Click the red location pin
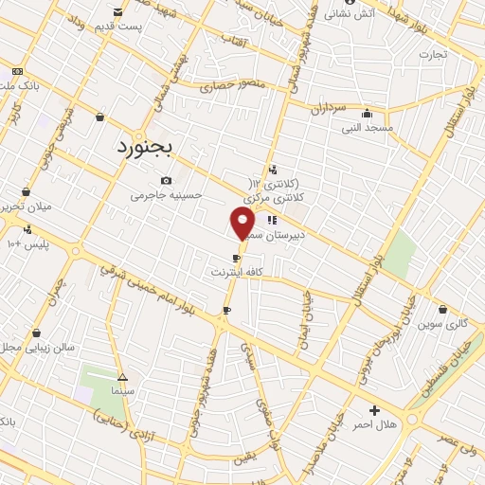pyautogui.click(x=242, y=224)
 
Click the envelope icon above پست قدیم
pyautogui.click(x=117, y=12)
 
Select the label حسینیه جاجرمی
pyautogui.click(x=167, y=195)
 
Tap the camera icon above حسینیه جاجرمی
pyautogui.click(x=167, y=180)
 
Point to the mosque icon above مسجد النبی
pyautogui.click(x=367, y=113)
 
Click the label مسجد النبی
pyautogui.click(x=367, y=127)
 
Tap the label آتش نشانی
pyautogui.click(x=350, y=13)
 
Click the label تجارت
pyautogui.click(x=433, y=54)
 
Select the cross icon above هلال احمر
pyautogui.click(x=374, y=410)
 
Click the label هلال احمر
pyautogui.click(x=373, y=425)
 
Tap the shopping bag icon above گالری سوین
pyautogui.click(x=442, y=309)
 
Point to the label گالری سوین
pyautogui.click(x=442, y=324)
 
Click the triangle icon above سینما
pyautogui.click(x=122, y=376)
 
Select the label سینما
pyautogui.click(x=123, y=390)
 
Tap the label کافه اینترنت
pyautogui.click(x=237, y=272)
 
